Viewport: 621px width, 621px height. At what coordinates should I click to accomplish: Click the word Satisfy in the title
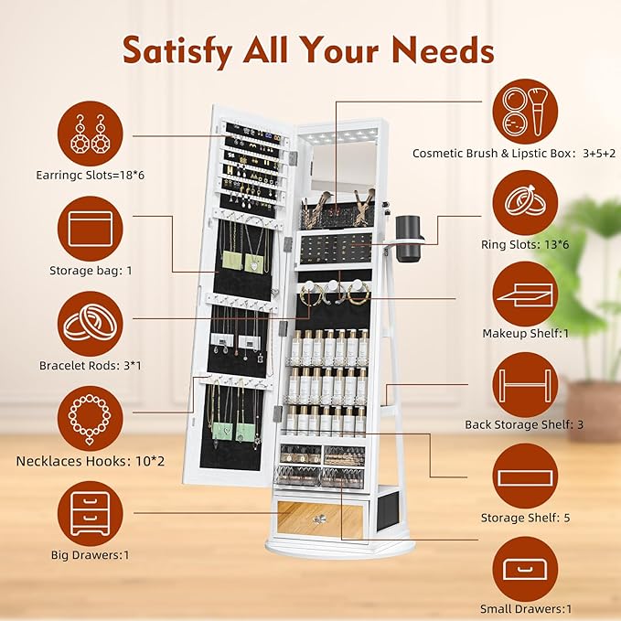pyautogui.click(x=177, y=51)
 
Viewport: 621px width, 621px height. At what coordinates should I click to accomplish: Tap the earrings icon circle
pyautogui.click(x=91, y=134)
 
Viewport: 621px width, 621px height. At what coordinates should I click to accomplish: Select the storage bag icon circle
pyautogui.click(x=91, y=229)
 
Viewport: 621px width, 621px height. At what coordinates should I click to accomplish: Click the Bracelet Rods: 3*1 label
pyautogui.click(x=91, y=365)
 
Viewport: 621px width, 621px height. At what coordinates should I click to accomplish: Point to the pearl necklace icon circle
pyautogui.click(x=91, y=419)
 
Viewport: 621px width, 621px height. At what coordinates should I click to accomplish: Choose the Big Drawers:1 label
pyautogui.click(x=91, y=555)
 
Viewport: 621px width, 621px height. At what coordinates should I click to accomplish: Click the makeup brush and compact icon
pyautogui.click(x=525, y=112)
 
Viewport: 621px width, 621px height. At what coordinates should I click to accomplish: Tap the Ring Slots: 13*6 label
pyautogui.click(x=525, y=244)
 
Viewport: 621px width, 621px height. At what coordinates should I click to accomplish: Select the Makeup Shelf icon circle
pyautogui.click(x=525, y=294)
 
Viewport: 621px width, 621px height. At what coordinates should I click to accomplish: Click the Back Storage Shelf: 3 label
pyautogui.click(x=524, y=424)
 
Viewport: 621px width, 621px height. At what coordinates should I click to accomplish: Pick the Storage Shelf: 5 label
pyautogui.click(x=525, y=518)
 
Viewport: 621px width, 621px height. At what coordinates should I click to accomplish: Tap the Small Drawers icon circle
pyautogui.click(x=525, y=569)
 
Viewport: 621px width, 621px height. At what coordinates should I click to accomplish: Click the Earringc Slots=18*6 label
pyautogui.click(x=91, y=175)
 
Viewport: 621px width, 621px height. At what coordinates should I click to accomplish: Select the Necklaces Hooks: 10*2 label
pyautogui.click(x=91, y=461)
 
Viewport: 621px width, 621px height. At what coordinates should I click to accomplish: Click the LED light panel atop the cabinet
pyautogui.click(x=337, y=136)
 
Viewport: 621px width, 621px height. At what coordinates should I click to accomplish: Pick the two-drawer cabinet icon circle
pyautogui.click(x=91, y=514)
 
